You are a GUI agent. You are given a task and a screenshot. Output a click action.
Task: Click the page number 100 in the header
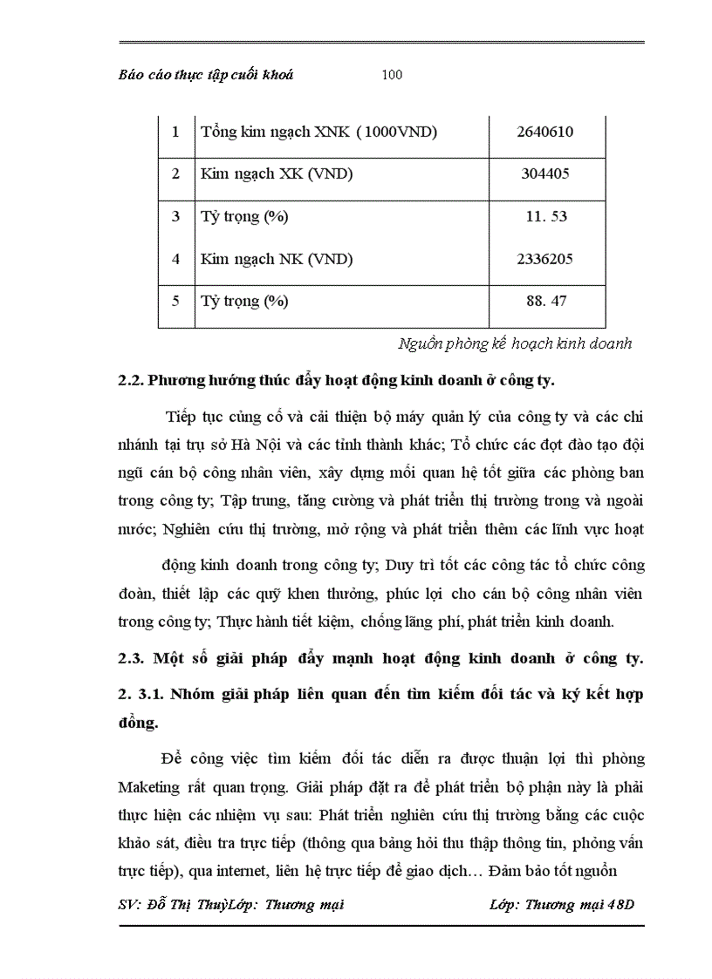(x=392, y=75)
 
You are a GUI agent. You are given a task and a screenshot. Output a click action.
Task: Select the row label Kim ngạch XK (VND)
(x=277, y=173)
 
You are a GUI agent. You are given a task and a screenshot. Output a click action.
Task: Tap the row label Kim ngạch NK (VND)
(x=277, y=259)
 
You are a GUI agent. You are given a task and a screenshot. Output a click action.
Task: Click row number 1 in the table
(x=175, y=132)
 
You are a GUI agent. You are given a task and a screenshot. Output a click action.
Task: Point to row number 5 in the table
(x=175, y=302)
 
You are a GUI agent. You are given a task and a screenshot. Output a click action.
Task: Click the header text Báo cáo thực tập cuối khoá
(x=206, y=75)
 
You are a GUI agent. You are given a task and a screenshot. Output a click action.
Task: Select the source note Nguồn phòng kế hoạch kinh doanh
(x=514, y=343)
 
